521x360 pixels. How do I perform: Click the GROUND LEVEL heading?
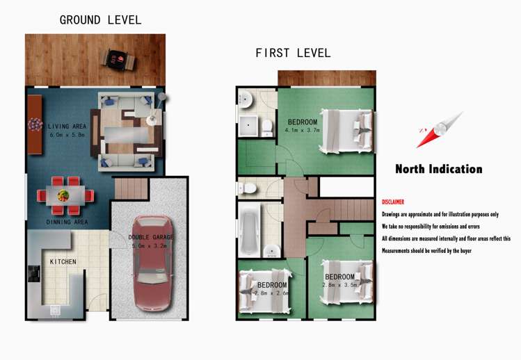point(100,20)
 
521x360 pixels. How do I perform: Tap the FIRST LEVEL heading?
point(293,53)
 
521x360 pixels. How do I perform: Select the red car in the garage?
point(152,263)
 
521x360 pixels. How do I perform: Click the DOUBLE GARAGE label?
point(151,237)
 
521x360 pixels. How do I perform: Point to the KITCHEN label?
point(63,262)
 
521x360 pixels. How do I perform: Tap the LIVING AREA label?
point(67,126)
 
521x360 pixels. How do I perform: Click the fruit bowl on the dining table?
point(63,195)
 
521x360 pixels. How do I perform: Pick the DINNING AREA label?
point(67,222)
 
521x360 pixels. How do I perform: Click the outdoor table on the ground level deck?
point(119,60)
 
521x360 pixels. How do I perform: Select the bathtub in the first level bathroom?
point(250,229)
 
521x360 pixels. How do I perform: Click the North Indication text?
point(439,169)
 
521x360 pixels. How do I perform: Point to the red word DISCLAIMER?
point(393,202)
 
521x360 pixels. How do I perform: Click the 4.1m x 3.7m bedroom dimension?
point(302,130)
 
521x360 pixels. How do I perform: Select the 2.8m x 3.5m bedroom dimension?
point(340,285)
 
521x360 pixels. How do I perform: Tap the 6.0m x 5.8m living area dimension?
point(67,135)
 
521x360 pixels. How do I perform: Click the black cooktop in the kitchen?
point(34,274)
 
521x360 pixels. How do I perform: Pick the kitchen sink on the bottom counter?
point(55,311)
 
